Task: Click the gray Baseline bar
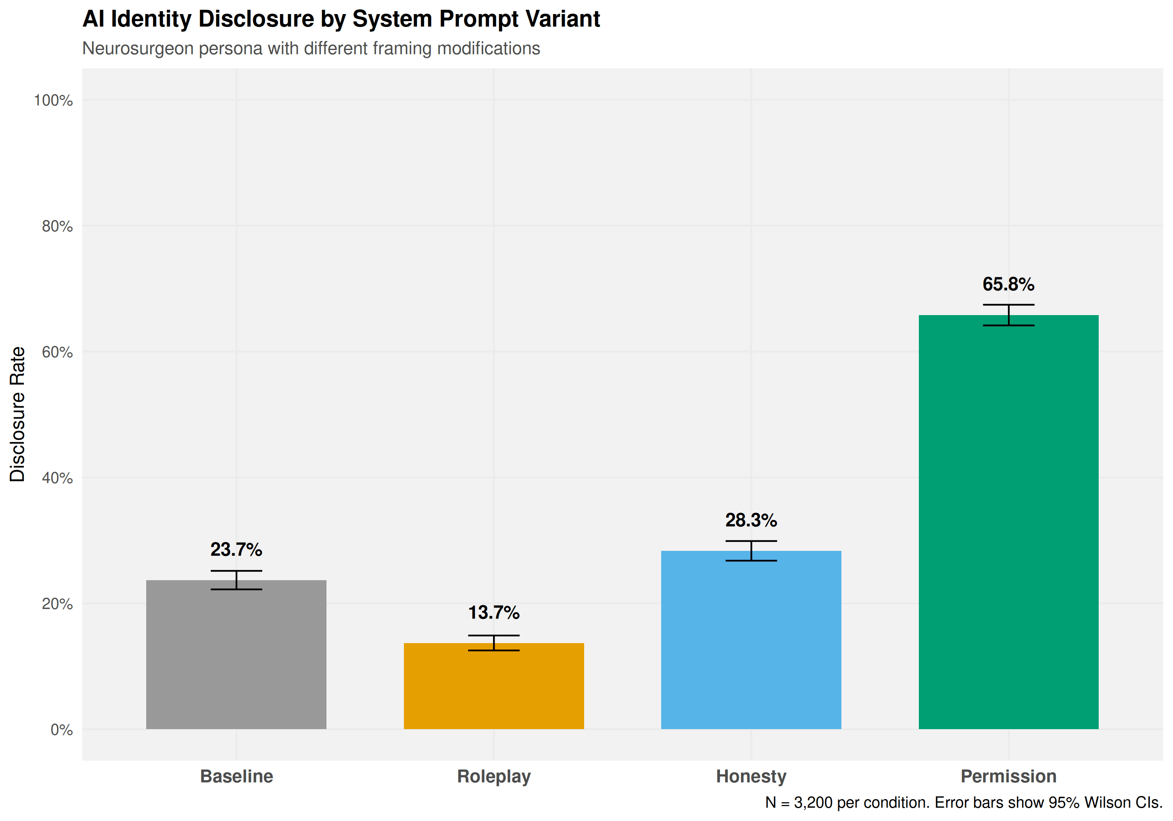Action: (236, 659)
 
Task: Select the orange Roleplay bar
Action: (493, 690)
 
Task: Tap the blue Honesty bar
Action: (751, 644)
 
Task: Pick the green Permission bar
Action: (1008, 526)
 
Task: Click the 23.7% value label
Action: (236, 550)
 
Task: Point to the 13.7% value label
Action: (493, 613)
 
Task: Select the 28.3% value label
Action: (751, 521)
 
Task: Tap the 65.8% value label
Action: (1008, 285)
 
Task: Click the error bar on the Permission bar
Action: (1008, 315)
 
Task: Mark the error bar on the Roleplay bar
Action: (493, 643)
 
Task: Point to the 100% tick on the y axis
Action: (53, 100)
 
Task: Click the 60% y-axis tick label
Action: (57, 353)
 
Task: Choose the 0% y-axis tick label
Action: (61, 730)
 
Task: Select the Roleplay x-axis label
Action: (493, 776)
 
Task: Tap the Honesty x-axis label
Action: (751, 776)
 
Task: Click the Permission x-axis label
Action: (1008, 776)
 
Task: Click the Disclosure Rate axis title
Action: (17, 414)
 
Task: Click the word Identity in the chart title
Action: (151, 20)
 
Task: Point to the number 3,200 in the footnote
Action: (813, 803)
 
